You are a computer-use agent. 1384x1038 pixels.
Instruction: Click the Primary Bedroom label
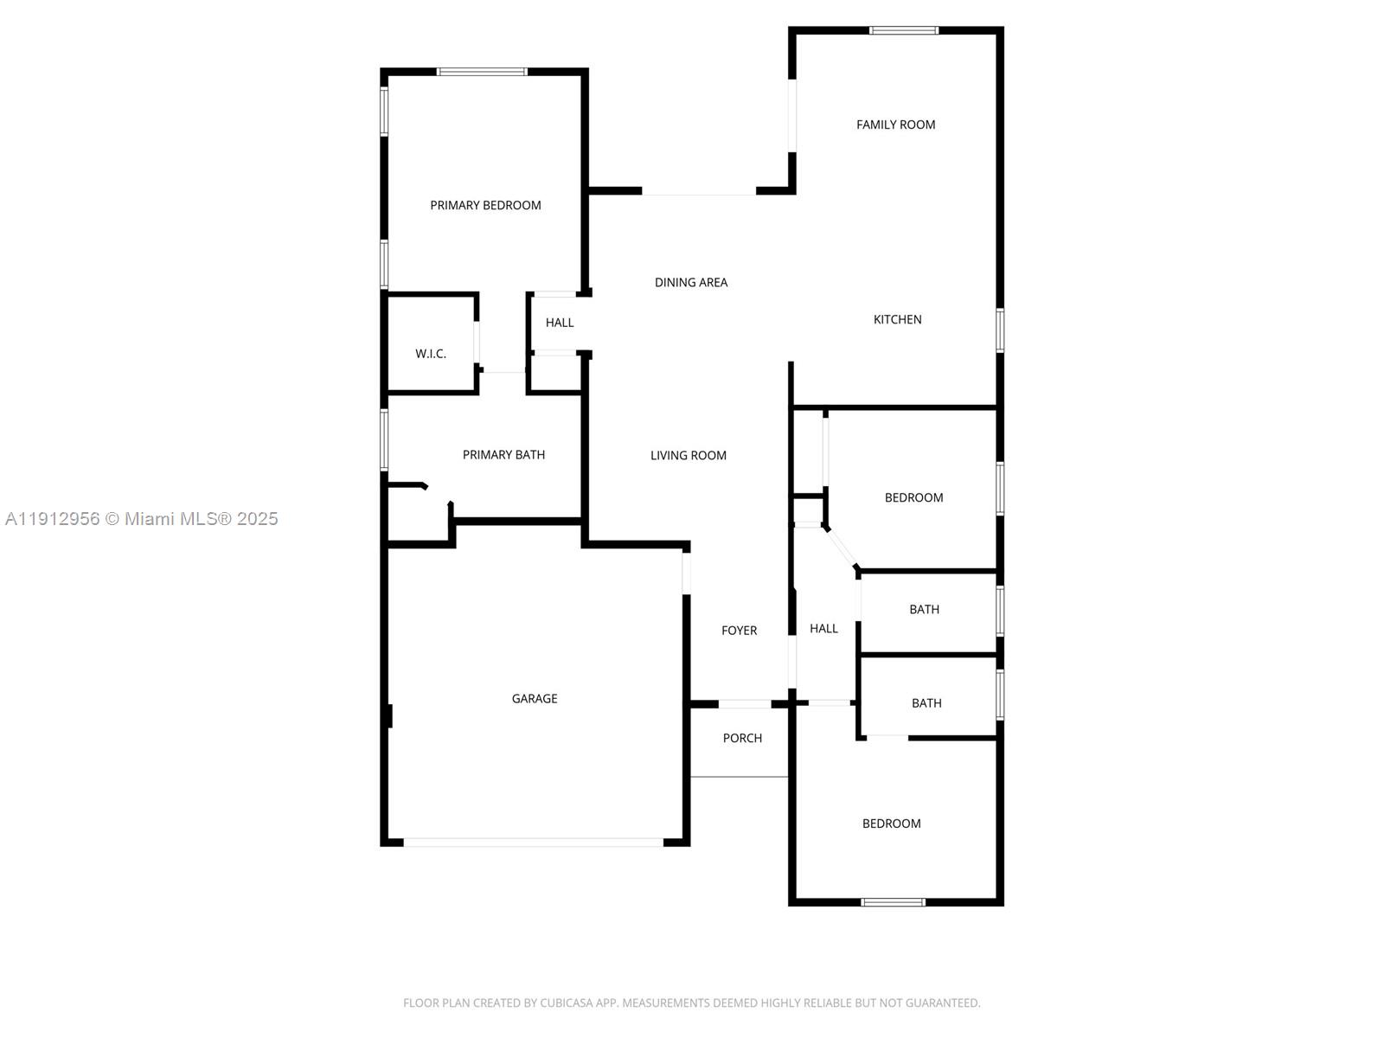click(485, 205)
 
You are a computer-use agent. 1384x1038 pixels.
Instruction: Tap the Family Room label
click(895, 125)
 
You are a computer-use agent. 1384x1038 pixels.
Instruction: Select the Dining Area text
click(690, 282)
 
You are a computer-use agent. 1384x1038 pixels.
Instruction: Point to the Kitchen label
click(897, 319)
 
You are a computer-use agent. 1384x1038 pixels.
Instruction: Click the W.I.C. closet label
click(430, 354)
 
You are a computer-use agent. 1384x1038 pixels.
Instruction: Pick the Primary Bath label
click(503, 455)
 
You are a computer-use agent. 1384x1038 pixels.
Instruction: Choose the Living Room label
click(688, 455)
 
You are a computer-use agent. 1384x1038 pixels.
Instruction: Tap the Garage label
click(534, 698)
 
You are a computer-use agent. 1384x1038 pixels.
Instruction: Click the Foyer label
click(739, 631)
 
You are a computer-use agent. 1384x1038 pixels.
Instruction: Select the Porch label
click(742, 738)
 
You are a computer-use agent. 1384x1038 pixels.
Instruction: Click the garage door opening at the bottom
click(533, 842)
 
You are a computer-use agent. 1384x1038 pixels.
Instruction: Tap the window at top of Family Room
click(903, 30)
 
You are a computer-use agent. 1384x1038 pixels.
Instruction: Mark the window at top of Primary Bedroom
click(482, 72)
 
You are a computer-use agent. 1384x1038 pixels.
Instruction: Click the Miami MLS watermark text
click(142, 519)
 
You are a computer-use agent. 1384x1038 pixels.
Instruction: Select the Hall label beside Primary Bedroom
click(559, 323)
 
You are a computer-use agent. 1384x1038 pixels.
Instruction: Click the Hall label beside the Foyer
click(823, 629)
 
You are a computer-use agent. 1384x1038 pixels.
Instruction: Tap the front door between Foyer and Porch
click(745, 704)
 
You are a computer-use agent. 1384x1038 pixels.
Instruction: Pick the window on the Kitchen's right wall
click(1000, 330)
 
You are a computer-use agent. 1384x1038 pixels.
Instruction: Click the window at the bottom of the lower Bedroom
click(893, 902)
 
